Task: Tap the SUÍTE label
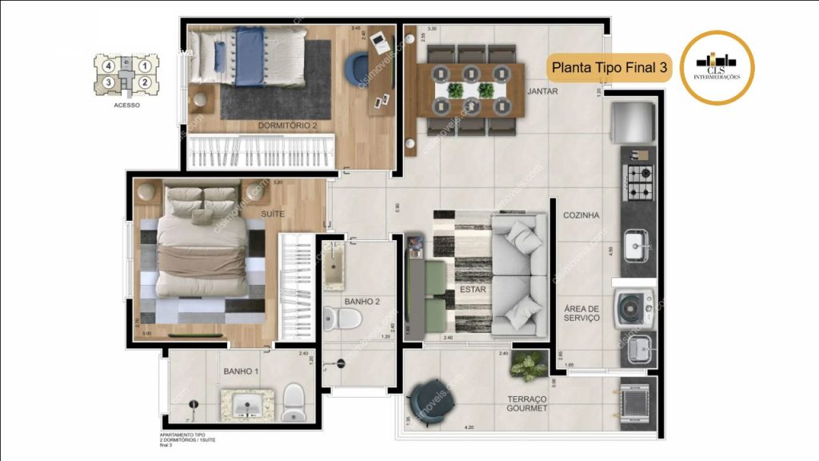(x=273, y=213)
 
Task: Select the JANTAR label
(x=542, y=91)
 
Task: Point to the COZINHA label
(x=581, y=215)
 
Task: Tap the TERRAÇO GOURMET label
(x=527, y=403)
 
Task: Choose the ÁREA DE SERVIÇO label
(x=581, y=313)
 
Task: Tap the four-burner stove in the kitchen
(x=639, y=182)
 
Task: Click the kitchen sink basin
(x=637, y=245)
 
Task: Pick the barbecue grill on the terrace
(x=637, y=398)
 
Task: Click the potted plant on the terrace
(x=528, y=365)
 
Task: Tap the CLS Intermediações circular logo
(x=717, y=67)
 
